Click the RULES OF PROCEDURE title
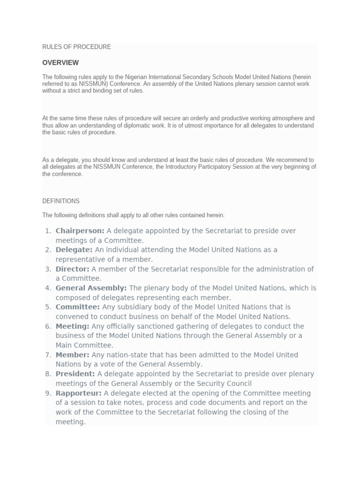click(x=76, y=47)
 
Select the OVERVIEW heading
click(x=60, y=63)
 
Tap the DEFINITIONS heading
click(x=61, y=201)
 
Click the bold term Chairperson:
click(x=80, y=231)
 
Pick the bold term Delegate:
click(x=74, y=250)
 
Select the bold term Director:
click(x=72, y=269)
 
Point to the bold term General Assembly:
click(x=91, y=288)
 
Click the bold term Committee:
click(x=77, y=307)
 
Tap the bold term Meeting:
click(x=72, y=326)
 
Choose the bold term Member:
click(x=72, y=355)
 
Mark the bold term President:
click(x=75, y=374)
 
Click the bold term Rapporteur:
click(x=78, y=393)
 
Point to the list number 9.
click(x=47, y=393)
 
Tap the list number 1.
click(x=47, y=231)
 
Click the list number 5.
click(x=47, y=307)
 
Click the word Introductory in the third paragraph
click(x=183, y=167)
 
